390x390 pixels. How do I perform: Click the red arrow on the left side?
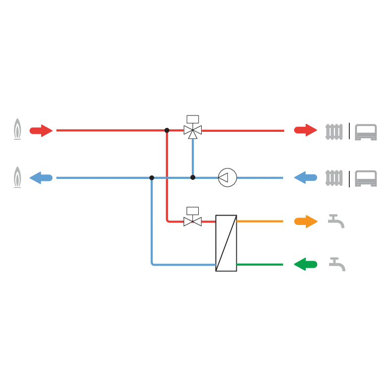pos(40,131)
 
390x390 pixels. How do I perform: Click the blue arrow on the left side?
pos(40,177)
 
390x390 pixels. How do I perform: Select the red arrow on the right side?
pos(305,130)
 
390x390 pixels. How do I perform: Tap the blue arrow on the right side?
pos(305,177)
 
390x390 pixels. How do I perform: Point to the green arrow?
pos(306,264)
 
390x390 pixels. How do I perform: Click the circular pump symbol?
pos(227,177)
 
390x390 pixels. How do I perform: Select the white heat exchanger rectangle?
pos(226,243)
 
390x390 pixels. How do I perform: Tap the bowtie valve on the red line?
pos(192,221)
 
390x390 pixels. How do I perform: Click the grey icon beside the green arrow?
pos(338,263)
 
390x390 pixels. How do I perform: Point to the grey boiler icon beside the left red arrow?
pos(17,130)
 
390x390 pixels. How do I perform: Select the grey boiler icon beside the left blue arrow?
pos(17,178)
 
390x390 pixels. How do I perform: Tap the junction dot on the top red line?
pos(167,130)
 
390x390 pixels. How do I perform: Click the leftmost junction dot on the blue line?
pos(152,177)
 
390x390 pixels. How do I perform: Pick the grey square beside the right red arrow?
pos(335,132)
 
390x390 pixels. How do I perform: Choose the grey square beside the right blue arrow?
pos(335,177)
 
